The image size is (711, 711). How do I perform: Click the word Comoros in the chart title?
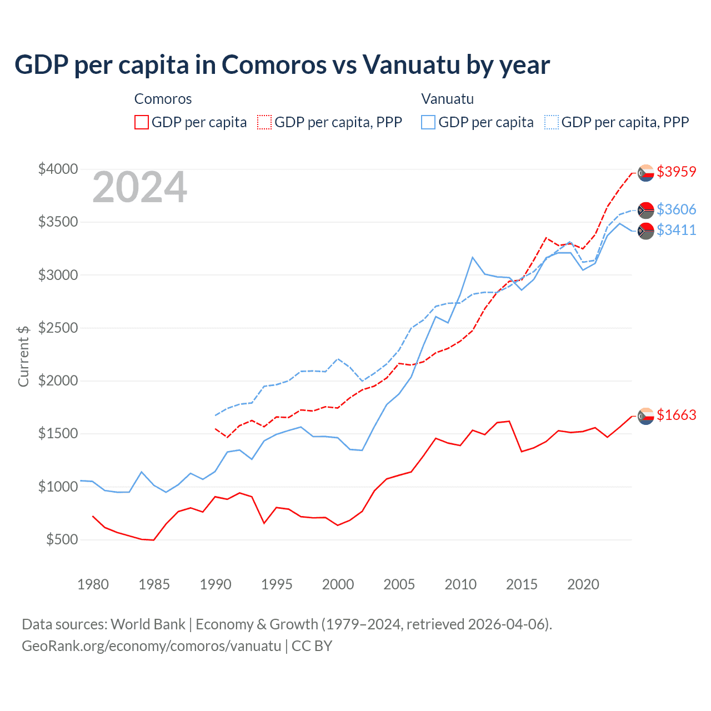[274, 64]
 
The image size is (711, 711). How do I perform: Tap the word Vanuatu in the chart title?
[411, 64]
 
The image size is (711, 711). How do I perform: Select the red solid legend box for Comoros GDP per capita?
[142, 122]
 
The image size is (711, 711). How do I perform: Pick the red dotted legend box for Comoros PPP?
[264, 122]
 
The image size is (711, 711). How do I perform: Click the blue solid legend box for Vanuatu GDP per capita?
[428, 122]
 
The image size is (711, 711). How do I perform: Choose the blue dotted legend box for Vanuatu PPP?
[552, 122]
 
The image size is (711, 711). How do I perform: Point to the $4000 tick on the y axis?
[58, 169]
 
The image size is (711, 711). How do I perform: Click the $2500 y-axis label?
[58, 328]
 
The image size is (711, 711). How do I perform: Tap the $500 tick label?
[62, 539]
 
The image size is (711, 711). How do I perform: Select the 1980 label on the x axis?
[93, 584]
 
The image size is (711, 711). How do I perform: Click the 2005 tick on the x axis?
[399, 584]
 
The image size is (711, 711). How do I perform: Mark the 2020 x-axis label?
[583, 584]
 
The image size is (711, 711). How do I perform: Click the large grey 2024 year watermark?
[139, 188]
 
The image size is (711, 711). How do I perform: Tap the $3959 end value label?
[676, 172]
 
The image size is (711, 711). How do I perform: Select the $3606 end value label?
[676, 209]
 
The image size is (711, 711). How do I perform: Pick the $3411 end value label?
[676, 230]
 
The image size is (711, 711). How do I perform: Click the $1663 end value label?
[676, 415]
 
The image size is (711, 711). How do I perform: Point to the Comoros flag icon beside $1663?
[645, 415]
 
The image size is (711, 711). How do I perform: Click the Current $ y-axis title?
[23, 356]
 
